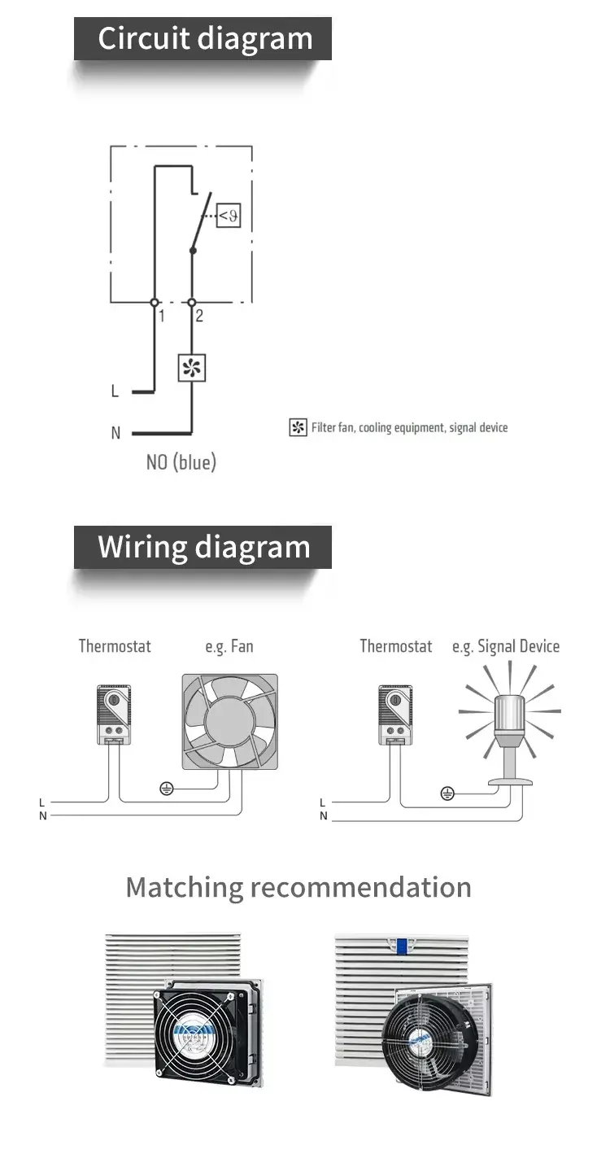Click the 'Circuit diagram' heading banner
point(203,39)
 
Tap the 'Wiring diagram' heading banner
point(203,547)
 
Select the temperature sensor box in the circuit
point(229,216)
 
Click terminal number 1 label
point(162,316)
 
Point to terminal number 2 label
point(199,316)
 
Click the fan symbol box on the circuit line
point(192,369)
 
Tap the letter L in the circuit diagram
point(115,391)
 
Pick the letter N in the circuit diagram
point(115,433)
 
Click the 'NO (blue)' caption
point(181,462)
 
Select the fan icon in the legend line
point(298,427)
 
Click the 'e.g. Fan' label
point(229,646)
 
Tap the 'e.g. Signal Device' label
point(506,646)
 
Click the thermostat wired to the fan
point(113,715)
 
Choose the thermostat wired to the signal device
point(394,715)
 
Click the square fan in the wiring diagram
point(229,722)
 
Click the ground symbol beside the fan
point(167,788)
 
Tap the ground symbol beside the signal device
point(447,793)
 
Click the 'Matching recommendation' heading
point(298,886)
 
